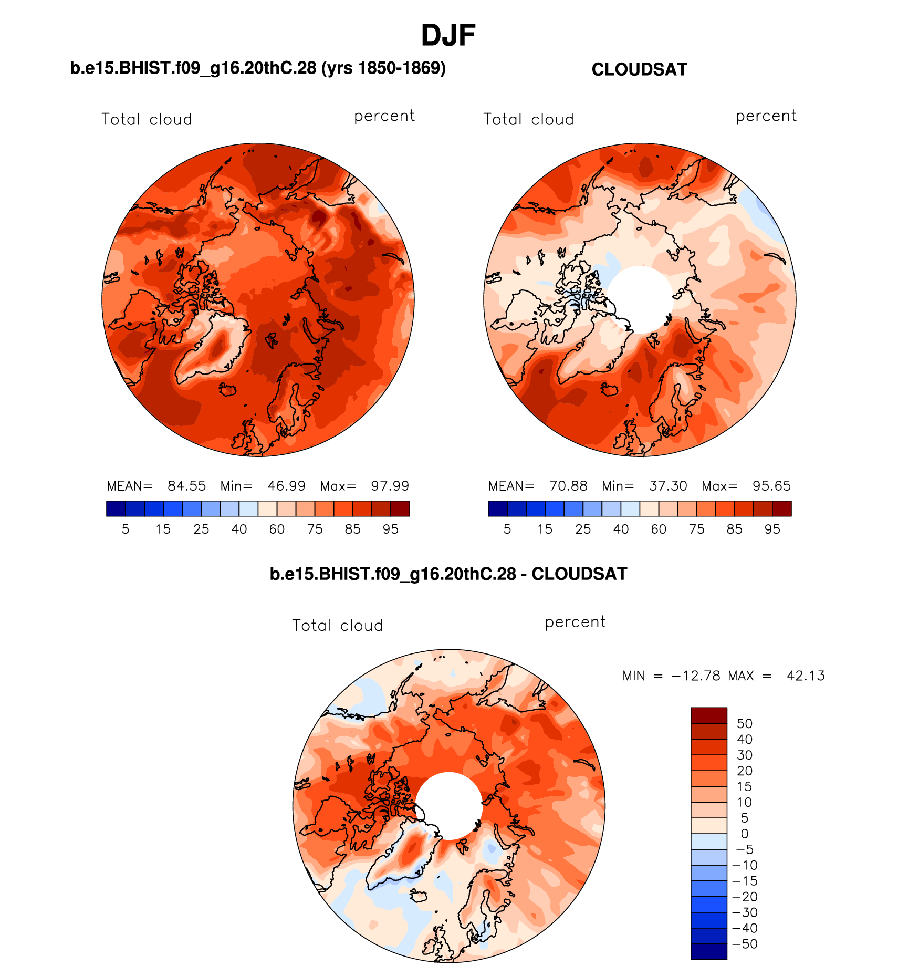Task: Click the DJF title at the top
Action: [x=448, y=36]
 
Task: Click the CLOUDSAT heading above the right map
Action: [x=639, y=69]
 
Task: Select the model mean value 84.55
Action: [x=186, y=486]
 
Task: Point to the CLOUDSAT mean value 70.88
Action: [x=568, y=486]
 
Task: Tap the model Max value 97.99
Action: [x=390, y=486]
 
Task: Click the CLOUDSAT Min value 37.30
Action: [x=668, y=486]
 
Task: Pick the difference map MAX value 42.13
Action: [x=806, y=676]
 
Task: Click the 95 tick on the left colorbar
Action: [x=390, y=529]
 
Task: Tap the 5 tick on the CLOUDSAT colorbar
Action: [x=507, y=529]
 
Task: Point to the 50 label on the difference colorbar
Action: [x=745, y=724]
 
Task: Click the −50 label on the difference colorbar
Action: [x=745, y=944]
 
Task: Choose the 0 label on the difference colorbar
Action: [x=745, y=834]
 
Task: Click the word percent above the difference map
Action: [x=575, y=622]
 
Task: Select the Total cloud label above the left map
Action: [x=147, y=120]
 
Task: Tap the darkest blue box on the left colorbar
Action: [x=116, y=508]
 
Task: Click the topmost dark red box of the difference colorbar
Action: [x=708, y=715]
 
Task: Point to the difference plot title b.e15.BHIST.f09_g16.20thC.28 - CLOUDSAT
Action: [x=448, y=574]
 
